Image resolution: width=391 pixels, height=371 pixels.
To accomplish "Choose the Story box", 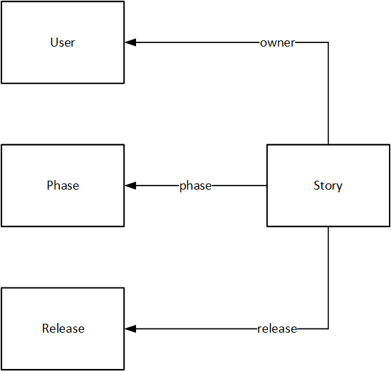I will [328, 205].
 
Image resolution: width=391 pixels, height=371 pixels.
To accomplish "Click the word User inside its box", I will [63, 42].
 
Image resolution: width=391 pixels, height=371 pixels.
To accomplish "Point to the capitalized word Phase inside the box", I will [63, 186].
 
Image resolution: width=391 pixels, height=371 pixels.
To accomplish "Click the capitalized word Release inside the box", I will [63, 329].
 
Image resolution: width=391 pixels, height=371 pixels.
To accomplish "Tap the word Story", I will [328, 186].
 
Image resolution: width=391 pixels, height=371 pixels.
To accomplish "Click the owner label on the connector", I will [278, 42].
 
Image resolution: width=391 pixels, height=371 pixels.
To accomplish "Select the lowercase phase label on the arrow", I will [195, 186].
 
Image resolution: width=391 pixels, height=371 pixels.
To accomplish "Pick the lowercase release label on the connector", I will [278, 329].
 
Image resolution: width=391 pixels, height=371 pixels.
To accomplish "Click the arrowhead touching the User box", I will [131, 42].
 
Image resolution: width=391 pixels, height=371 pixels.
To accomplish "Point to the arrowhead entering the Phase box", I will [131, 186].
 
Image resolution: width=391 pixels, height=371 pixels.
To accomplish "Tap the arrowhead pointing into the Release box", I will [131, 329].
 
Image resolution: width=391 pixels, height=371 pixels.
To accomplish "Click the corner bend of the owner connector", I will [328, 42].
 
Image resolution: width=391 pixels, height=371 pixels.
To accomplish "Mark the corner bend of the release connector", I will [328, 329].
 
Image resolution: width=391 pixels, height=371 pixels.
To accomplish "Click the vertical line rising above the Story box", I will [328, 96].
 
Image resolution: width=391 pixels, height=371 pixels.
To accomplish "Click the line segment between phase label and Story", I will [239, 186].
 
